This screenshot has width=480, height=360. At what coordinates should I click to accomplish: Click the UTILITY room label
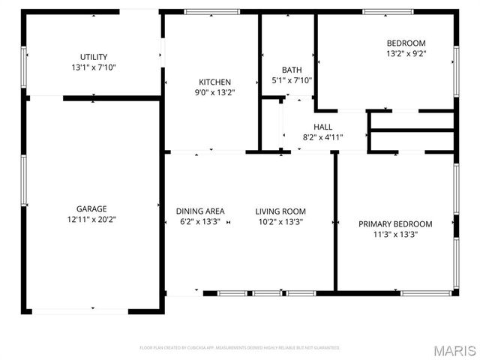94,57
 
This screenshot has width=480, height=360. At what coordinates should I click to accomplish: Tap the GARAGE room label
91,208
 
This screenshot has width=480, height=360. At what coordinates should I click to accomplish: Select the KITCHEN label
214,82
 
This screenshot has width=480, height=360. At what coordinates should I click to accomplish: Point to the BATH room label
292,70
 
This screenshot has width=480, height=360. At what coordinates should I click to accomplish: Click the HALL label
322,127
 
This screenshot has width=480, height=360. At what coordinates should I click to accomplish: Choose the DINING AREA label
200,211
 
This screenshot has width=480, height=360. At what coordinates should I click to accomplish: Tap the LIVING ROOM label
280,211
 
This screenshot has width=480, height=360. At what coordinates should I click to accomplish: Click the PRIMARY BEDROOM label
395,224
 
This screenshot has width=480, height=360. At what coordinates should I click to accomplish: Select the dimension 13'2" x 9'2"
406,54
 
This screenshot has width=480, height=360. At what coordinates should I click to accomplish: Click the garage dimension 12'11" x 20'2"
91,220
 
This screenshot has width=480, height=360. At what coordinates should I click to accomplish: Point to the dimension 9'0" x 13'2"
214,93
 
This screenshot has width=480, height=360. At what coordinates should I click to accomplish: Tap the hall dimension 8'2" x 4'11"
322,137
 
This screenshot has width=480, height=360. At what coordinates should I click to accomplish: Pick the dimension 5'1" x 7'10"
292,81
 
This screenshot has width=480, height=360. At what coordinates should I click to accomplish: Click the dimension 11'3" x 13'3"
395,235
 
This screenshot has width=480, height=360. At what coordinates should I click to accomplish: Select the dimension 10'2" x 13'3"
280,223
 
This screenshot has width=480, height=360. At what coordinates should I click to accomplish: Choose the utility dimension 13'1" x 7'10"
94,67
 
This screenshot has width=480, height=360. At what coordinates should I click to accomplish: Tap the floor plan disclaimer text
240,348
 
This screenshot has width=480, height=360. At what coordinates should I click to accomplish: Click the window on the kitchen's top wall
211,11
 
